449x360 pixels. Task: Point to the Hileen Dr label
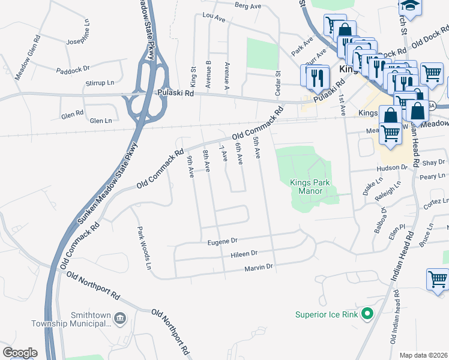[244, 254]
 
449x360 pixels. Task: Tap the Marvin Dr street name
[259, 266]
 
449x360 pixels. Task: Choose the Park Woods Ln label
[143, 246]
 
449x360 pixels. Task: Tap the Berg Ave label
[248, 6]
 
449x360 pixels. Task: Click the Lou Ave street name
[214, 18]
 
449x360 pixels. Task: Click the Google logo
[20, 353]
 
